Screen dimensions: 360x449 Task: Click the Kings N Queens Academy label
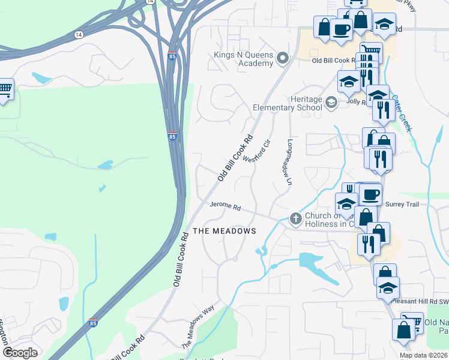[244, 59]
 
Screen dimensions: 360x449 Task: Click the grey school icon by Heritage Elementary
[331, 103]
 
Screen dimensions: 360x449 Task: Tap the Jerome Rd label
[225, 206]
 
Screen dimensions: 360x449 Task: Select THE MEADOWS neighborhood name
[224, 231]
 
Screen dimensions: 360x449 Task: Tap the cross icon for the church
[295, 219]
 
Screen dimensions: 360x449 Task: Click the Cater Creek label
[402, 112]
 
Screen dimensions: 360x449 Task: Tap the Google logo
[20, 352]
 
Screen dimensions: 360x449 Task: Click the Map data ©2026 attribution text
[423, 355]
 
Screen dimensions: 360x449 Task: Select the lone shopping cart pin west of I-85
[5, 89]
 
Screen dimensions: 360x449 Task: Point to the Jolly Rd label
[357, 102]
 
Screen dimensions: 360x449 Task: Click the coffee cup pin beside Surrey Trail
[371, 194]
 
